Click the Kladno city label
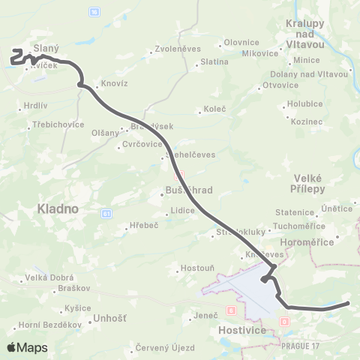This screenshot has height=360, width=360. (x=58, y=211)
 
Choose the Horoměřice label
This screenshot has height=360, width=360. (x=310, y=241)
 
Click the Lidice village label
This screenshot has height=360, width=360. (x=183, y=211)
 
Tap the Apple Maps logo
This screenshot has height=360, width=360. (x=26, y=347)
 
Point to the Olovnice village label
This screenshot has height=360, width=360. (x=241, y=43)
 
